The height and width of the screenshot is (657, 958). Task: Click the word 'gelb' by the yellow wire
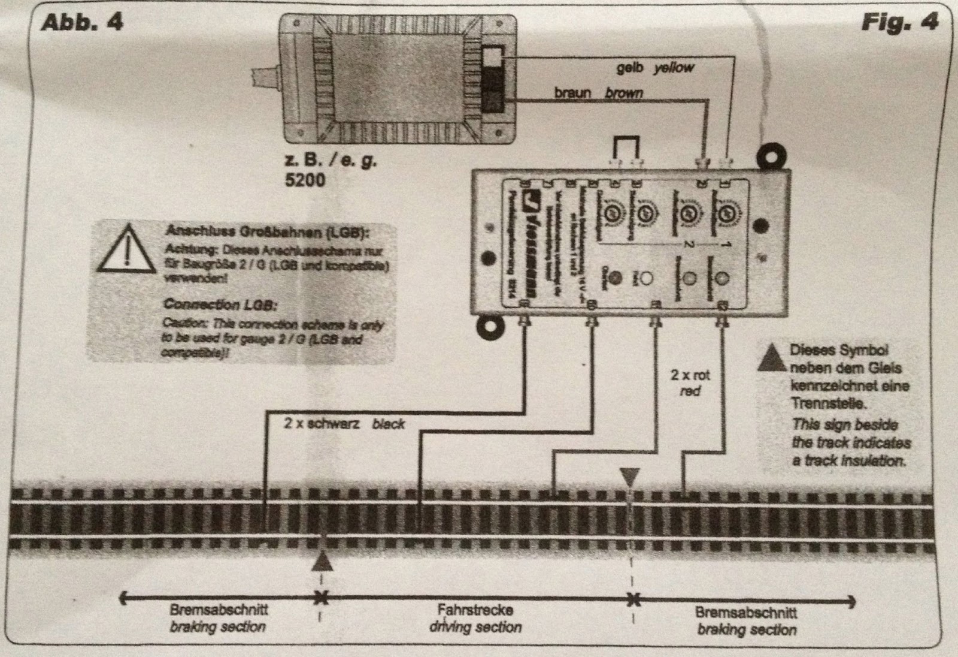pos(630,68)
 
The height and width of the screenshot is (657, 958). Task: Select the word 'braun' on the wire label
pos(572,93)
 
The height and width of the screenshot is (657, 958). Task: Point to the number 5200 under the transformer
pos(305,179)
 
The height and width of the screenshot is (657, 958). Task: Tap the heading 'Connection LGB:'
pos(220,305)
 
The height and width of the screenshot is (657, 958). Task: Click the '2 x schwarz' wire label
pos(322,424)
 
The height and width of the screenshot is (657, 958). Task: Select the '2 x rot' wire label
pos(690,375)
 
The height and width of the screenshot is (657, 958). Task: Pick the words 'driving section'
pos(475,627)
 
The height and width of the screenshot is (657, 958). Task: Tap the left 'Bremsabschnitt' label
pos(219,610)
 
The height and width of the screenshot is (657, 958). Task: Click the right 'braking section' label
pos(746,629)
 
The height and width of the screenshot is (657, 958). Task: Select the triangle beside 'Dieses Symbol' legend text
pos(772,358)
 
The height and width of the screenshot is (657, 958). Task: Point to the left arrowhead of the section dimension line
pos(123,598)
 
